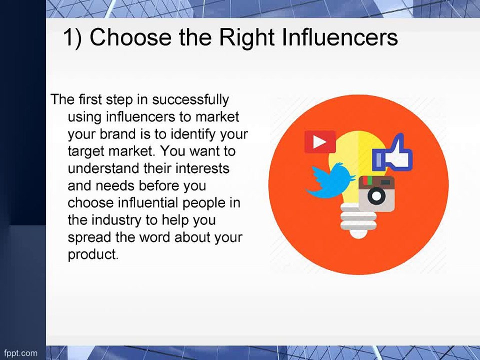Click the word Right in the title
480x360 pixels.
click(247, 38)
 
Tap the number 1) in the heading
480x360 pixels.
click(72, 37)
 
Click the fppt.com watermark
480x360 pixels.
click(21, 353)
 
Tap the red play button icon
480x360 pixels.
click(320, 141)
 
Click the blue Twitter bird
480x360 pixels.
click(330, 180)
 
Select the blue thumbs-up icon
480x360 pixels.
click(392, 152)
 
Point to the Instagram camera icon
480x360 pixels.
click(376, 194)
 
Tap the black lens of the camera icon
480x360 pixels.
click(376, 196)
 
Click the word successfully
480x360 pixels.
click(190, 100)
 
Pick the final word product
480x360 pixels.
click(93, 255)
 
